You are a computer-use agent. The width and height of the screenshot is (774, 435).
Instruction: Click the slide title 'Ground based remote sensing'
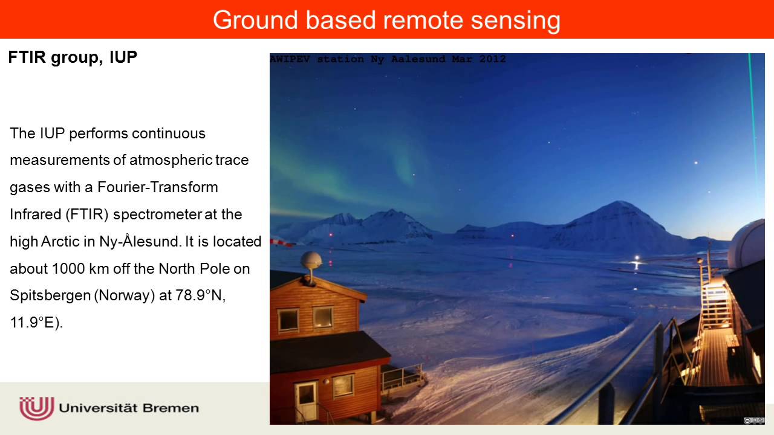point(386,20)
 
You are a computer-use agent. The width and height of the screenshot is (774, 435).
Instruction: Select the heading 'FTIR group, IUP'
point(73,57)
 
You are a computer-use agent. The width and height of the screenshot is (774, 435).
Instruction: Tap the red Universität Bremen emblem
point(37,408)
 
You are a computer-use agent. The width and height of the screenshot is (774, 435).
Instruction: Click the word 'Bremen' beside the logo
point(171,408)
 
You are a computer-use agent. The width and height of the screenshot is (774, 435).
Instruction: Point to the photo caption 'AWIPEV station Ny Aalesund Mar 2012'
point(388,59)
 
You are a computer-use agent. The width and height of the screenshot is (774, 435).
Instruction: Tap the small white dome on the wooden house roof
point(311,262)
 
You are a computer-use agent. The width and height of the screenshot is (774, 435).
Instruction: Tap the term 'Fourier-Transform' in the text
point(158,187)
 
